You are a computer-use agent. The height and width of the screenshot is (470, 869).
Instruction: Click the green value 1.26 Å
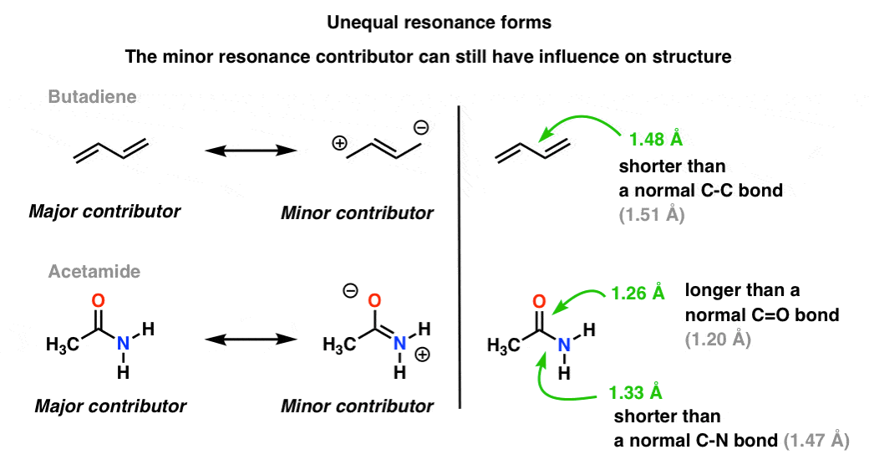click(637, 294)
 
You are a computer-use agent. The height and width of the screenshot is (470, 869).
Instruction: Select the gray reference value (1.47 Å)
click(816, 440)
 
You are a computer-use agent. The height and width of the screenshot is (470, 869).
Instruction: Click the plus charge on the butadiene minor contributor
click(340, 143)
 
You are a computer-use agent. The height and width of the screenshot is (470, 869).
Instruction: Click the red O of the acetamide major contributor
click(99, 299)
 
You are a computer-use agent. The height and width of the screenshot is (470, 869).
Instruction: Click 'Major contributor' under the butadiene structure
click(104, 212)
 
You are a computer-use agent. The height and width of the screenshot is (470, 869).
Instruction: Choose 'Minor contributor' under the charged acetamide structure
click(357, 406)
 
